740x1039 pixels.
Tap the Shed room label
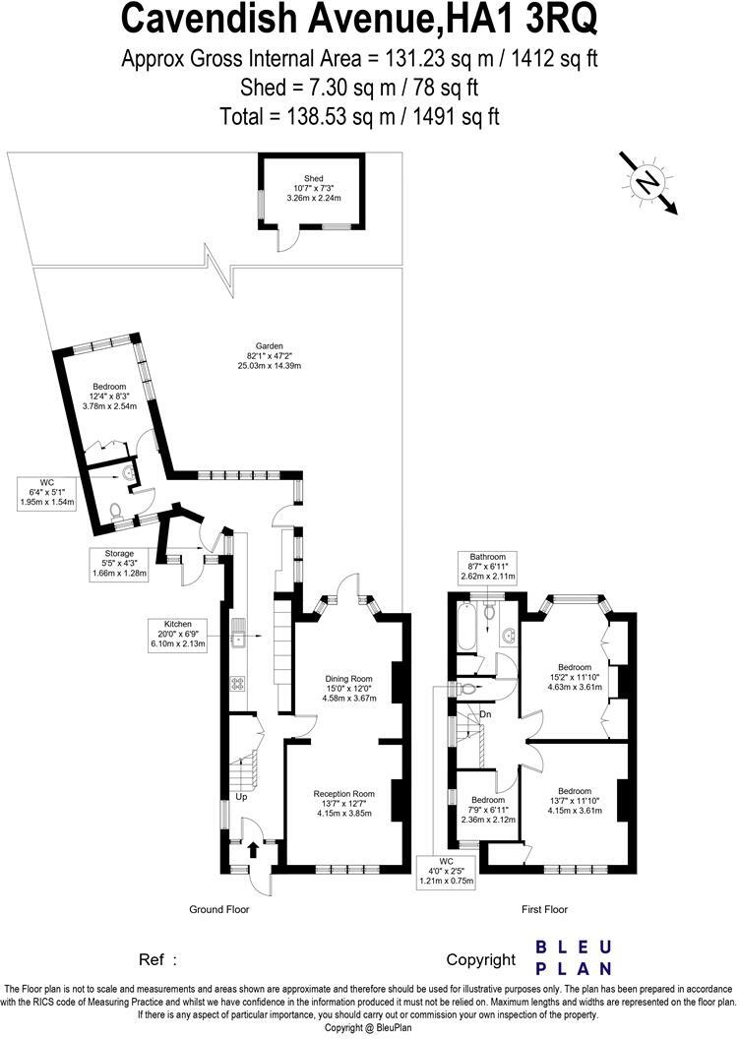coord(313,188)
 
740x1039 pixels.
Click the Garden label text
coord(269,355)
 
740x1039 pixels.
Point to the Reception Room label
coord(344,803)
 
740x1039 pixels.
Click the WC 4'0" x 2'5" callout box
coord(448,871)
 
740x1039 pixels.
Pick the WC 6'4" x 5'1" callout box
coord(46,492)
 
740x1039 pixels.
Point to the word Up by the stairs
coord(239,797)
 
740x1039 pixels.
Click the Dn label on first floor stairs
coord(486,714)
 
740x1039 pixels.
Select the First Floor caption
coord(544,909)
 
